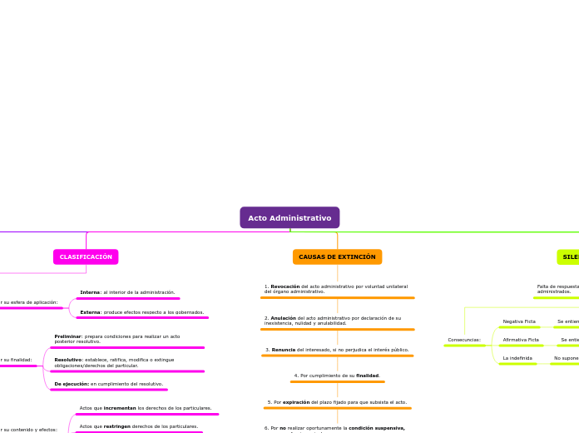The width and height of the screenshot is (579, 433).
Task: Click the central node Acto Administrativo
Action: click(289, 218)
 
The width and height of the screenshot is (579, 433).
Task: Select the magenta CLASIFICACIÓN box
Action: click(86, 257)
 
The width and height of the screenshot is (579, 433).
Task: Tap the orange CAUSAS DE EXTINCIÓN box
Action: click(337, 257)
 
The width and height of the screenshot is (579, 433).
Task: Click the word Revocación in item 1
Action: click(285, 286)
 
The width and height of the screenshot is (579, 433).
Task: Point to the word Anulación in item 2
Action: click(284, 317)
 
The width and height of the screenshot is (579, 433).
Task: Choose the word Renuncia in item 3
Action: click(284, 350)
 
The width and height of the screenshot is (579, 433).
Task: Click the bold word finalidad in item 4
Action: click(368, 376)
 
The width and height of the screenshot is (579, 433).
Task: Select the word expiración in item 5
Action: click(296, 402)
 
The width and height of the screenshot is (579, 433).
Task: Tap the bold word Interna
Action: click(90, 292)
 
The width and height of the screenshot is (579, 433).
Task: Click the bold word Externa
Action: click(91, 312)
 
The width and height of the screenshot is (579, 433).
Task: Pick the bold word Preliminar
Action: click(68, 336)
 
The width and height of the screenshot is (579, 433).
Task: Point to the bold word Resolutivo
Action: click(68, 360)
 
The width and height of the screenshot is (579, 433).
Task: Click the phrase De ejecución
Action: click(72, 384)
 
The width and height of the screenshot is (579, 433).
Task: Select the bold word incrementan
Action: click(120, 408)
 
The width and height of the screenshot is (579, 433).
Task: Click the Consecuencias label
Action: click(464, 340)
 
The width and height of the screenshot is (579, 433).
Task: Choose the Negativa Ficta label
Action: click(519, 321)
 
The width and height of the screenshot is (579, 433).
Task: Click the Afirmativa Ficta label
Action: click(521, 340)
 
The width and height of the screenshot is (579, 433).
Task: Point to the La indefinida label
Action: click(517, 358)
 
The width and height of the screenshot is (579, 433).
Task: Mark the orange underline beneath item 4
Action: click(337, 381)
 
